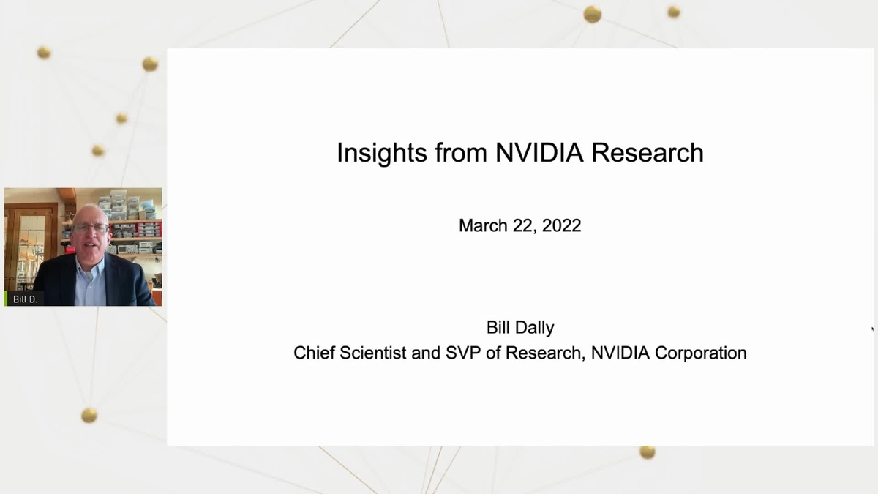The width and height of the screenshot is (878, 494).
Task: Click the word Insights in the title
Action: (382, 153)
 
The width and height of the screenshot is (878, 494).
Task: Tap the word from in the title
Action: (461, 152)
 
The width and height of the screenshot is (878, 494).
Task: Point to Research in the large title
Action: (647, 152)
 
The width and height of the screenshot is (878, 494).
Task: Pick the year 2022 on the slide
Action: (562, 225)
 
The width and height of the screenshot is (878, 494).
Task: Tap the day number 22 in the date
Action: (525, 226)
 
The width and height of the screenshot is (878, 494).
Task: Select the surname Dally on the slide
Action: (536, 328)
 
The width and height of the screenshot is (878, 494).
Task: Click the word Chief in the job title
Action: (314, 353)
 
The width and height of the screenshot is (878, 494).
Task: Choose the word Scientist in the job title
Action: (372, 353)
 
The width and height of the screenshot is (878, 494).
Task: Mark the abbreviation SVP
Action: (463, 353)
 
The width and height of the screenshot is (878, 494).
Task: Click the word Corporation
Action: (701, 353)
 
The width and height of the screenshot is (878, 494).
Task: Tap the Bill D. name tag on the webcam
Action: (25, 299)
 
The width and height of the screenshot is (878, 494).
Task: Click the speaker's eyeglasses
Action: (90, 228)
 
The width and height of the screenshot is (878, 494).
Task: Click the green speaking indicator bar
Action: (6, 299)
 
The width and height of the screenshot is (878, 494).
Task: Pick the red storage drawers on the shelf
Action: (150, 229)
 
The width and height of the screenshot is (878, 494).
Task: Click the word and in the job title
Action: (426, 353)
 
